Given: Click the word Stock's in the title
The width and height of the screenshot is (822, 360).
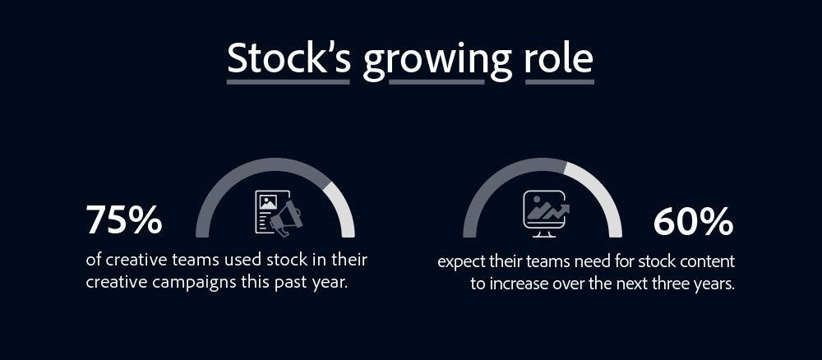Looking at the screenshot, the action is click(x=289, y=58).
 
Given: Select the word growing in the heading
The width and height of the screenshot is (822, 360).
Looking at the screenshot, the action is click(x=437, y=62).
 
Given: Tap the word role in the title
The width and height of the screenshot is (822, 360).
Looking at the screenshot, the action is click(x=559, y=58).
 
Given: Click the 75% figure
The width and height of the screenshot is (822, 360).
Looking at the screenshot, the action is click(x=124, y=220).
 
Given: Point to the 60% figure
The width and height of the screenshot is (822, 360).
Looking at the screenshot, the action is click(x=693, y=222).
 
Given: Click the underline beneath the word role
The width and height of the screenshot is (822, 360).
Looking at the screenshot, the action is click(x=559, y=81).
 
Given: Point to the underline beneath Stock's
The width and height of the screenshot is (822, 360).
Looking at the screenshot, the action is click(x=289, y=81).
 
